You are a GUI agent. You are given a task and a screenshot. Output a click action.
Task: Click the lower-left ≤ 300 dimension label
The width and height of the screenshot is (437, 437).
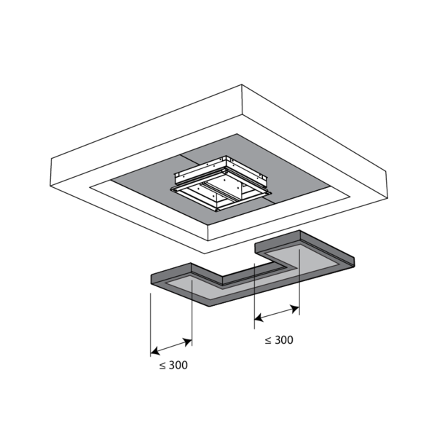click(173, 365)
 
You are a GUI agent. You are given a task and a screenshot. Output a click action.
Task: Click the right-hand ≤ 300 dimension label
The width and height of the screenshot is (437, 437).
click(279, 340)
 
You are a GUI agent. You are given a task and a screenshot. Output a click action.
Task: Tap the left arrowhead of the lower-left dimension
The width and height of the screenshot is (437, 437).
click(155, 351)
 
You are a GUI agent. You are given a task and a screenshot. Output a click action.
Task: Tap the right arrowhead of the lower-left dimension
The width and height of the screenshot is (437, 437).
click(188, 342)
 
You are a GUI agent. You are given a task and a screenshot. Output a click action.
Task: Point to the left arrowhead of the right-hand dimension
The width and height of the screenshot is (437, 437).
click(259, 318)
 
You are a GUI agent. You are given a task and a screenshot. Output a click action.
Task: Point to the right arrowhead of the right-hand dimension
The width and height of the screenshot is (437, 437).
click(295, 309)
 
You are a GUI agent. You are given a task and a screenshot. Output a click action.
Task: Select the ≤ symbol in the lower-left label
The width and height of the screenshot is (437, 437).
click(162, 366)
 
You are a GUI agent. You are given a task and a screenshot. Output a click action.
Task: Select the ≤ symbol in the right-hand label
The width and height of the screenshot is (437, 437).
click(268, 341)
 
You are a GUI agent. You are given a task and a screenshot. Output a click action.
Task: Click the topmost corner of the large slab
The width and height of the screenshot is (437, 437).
click(242, 84)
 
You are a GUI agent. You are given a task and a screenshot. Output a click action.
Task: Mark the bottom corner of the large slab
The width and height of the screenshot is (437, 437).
click(205, 253)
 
